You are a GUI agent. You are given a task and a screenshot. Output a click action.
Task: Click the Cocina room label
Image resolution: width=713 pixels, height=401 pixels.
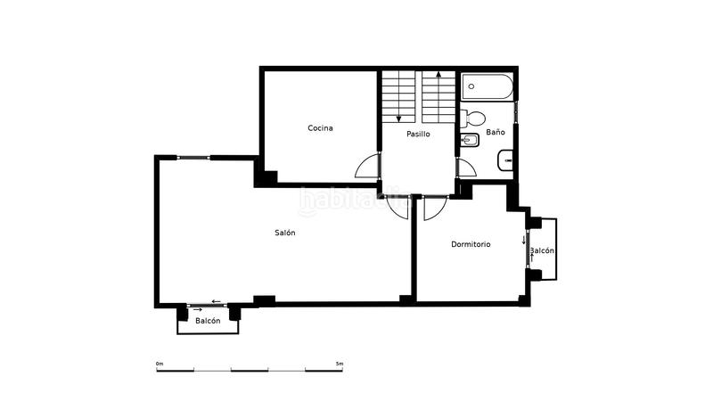click(320, 128)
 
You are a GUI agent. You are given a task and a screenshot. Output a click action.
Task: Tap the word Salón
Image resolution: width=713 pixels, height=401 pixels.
click(284, 233)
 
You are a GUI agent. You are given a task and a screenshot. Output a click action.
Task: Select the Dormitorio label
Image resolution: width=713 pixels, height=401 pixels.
click(471, 244)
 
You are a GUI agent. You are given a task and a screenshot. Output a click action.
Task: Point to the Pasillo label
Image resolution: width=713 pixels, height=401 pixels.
click(417, 135)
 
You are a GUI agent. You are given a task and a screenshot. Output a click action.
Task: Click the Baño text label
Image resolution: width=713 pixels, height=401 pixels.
click(496, 133)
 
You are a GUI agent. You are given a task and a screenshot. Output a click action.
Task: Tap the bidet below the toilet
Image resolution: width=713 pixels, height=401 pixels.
click(469, 141)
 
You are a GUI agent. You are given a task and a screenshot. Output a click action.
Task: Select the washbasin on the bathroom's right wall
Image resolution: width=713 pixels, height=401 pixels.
click(505, 161)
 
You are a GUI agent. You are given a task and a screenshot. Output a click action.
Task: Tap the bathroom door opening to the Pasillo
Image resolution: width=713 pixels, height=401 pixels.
click(464, 168)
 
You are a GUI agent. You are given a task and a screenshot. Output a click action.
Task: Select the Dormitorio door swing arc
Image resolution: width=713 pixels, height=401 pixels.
click(435, 208)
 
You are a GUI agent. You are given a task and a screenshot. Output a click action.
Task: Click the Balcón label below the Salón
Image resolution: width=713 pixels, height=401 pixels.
click(208, 321)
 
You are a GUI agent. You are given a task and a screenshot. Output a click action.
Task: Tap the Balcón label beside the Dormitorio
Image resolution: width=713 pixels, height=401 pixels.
click(542, 251)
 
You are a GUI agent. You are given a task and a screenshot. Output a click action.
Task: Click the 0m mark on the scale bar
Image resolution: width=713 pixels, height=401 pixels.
click(160, 364)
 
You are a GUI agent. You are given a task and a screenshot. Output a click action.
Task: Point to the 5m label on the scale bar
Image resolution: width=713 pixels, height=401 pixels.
click(340, 364)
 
